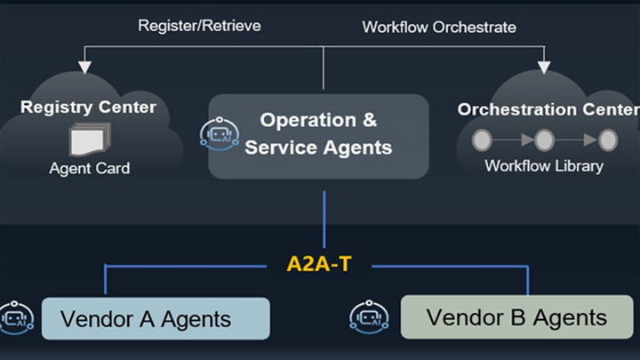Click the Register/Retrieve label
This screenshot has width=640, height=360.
click(199, 26)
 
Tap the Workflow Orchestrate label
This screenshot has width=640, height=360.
click(439, 27)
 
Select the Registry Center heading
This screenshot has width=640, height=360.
click(88, 108)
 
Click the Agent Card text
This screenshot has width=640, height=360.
click(89, 169)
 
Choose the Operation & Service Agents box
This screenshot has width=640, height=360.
click(318, 135)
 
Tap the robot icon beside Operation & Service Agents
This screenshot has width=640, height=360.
click(219, 134)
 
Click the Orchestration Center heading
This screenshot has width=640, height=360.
click(548, 109)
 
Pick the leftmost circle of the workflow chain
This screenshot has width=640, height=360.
click(483, 140)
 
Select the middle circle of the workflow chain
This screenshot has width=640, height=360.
click(545, 140)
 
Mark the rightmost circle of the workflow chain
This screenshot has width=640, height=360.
click(608, 140)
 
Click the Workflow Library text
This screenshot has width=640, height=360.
click(544, 166)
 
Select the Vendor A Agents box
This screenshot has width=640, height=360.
click(156, 318)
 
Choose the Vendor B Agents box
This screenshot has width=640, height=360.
click(516, 317)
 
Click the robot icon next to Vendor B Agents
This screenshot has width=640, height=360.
click(368, 318)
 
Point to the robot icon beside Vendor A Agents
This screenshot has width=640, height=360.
click(15, 319)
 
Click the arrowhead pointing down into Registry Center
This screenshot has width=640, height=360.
click(85, 67)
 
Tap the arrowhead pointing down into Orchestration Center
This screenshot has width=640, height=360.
click(544, 67)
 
